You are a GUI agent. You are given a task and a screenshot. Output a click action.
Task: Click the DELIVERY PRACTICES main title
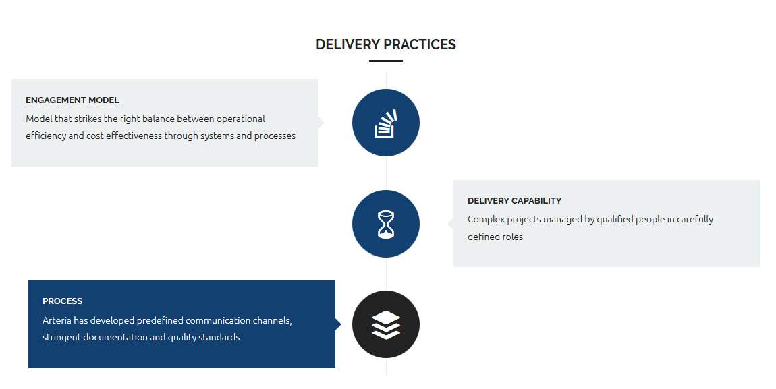[x=386, y=44]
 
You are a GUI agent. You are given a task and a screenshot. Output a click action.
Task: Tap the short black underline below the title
[x=386, y=61]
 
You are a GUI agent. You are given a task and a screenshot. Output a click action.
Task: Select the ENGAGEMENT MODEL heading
[x=72, y=100]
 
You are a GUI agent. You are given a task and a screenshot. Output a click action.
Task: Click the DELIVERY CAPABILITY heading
[x=515, y=201]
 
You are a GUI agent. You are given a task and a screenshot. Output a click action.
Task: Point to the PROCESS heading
[x=62, y=301]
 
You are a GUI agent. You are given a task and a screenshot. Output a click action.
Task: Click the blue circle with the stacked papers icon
[x=386, y=123]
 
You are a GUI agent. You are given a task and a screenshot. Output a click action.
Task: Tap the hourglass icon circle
[x=386, y=224]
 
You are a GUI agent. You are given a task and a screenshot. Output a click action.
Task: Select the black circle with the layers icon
[x=386, y=324]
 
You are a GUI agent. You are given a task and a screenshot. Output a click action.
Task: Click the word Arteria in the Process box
[x=57, y=320]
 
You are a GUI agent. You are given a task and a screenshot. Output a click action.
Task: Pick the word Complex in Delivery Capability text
[x=486, y=220]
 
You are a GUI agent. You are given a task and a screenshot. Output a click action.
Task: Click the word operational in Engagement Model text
[x=240, y=119]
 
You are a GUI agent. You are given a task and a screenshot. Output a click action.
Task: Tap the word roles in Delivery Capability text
[x=514, y=237]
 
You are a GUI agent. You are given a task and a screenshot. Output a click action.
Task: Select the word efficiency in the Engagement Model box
[x=45, y=136]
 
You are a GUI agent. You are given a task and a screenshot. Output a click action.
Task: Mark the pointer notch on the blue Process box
[x=338, y=324]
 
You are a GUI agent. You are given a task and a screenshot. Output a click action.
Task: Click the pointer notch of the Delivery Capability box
[x=450, y=224]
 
